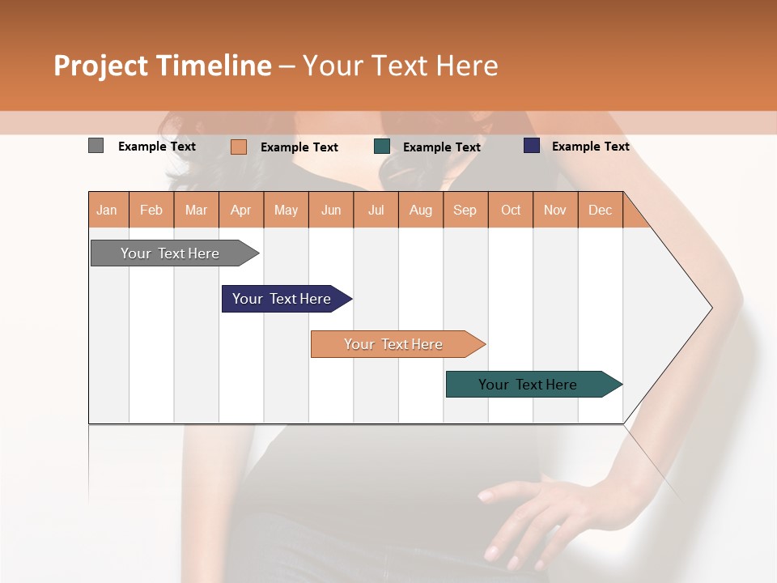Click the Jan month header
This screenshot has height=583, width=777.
click(x=107, y=210)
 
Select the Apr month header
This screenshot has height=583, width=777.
click(x=240, y=210)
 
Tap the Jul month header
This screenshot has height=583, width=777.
click(x=376, y=210)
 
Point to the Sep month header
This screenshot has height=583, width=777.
click(x=465, y=210)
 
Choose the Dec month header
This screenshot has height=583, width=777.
click(x=600, y=210)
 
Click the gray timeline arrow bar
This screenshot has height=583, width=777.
click(x=171, y=253)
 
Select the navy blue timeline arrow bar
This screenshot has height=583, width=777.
click(x=282, y=299)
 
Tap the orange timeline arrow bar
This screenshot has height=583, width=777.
click(x=394, y=344)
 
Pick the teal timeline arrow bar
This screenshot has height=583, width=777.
click(x=529, y=385)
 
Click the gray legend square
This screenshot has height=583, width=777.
click(x=96, y=146)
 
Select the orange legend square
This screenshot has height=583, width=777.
click(x=238, y=147)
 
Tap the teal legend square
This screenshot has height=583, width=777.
click(x=382, y=147)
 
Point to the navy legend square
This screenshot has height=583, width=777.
click(x=531, y=146)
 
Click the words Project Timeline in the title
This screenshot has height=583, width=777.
click(x=163, y=66)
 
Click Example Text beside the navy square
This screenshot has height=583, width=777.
click(x=590, y=147)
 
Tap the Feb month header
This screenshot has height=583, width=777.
click(x=151, y=210)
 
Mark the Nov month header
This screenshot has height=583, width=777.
click(x=554, y=210)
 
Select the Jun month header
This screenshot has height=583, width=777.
click(x=331, y=210)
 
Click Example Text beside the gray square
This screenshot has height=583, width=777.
click(x=157, y=147)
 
